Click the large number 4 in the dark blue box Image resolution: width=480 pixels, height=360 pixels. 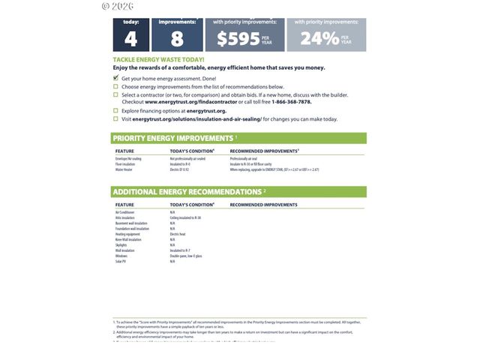point(130,39)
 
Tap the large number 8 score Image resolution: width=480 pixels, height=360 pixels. point(177,39)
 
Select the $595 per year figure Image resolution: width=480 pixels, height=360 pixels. point(238,39)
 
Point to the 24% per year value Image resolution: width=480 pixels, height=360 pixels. point(319,38)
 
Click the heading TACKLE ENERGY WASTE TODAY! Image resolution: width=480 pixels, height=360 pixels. point(158,59)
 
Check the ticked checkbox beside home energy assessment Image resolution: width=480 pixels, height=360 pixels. point(115,78)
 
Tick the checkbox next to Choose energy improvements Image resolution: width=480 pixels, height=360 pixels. point(115,86)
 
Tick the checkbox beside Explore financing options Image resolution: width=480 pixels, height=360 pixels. point(115,110)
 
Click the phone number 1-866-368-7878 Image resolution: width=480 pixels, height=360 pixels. point(292,101)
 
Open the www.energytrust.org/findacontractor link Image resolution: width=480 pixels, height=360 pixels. point(187,101)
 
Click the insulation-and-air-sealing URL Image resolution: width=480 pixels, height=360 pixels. point(196,118)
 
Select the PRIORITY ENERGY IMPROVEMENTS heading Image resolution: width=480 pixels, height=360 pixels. point(173,138)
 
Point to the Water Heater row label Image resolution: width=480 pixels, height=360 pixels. point(123,169)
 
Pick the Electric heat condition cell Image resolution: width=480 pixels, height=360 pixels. point(178,234)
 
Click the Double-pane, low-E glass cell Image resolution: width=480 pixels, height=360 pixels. point(186,256)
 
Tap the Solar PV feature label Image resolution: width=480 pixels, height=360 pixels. point(121,261)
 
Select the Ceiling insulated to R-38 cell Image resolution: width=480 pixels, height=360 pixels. point(185,217)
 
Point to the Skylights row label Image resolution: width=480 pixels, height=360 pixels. point(121,245)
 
